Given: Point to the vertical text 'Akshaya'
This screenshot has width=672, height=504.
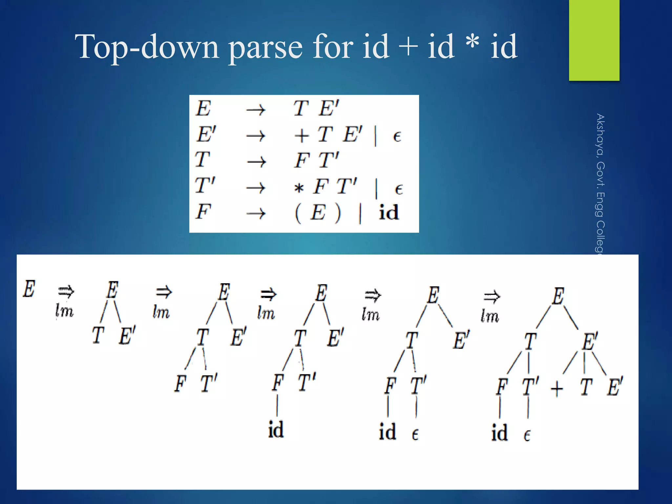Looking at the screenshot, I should (x=600, y=135).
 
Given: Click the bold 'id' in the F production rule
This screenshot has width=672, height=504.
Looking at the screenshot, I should (x=388, y=213).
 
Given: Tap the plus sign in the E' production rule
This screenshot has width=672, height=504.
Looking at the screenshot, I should (x=301, y=136).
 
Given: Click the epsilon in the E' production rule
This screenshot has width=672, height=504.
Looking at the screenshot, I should (x=397, y=136).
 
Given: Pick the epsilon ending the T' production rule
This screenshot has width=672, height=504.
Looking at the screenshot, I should (x=398, y=189).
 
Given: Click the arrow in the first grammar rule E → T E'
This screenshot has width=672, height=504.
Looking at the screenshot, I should (x=256, y=110).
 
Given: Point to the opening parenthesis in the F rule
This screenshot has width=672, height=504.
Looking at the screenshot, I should (x=297, y=213).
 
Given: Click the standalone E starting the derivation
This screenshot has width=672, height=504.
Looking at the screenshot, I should (x=29, y=289).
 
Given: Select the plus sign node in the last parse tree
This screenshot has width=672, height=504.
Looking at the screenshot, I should (x=557, y=389).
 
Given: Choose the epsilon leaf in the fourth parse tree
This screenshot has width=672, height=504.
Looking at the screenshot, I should (x=415, y=434).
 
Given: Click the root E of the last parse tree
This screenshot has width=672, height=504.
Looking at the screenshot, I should (x=558, y=296).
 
